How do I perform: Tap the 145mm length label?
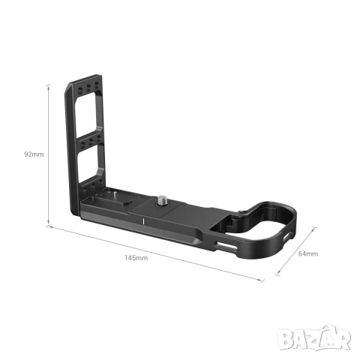click(x=136, y=257)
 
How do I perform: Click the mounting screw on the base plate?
click(x=164, y=202)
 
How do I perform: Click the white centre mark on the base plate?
click(x=143, y=221)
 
